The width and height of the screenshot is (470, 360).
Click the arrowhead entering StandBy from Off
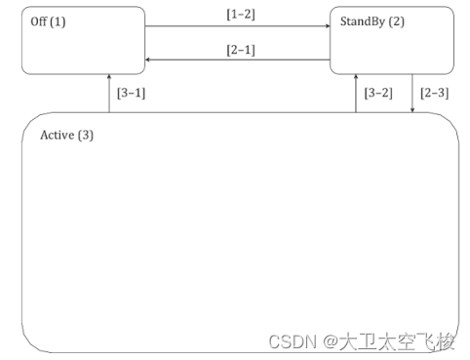(x=327, y=27)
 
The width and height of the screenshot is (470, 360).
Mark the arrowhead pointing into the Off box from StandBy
(x=148, y=60)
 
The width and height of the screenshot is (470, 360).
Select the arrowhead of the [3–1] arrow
(x=109, y=77)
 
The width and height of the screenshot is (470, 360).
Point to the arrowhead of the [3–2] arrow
(x=356, y=77)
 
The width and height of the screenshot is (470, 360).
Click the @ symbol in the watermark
(x=332, y=341)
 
